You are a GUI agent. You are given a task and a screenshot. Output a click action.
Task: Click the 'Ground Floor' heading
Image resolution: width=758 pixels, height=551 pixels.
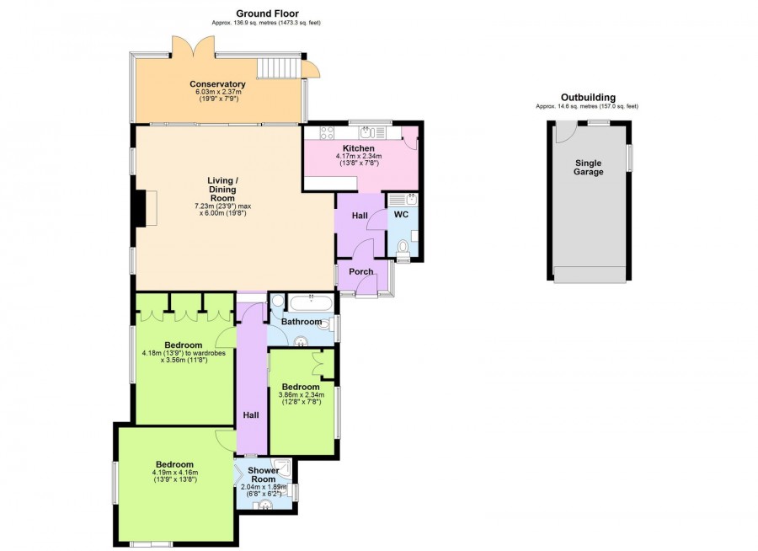click(x=267, y=13)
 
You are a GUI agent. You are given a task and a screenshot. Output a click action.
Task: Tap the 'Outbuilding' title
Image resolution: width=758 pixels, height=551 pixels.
click(x=587, y=97)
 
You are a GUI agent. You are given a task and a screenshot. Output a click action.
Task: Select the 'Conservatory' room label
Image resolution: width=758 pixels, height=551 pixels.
click(x=217, y=84)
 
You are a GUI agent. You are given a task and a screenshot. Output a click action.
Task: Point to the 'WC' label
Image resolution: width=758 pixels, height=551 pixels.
click(x=402, y=215)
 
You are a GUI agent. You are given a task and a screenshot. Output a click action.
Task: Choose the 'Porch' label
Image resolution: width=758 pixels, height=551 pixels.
click(x=361, y=271)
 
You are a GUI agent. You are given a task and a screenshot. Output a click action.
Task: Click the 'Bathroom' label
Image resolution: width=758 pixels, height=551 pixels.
click(x=302, y=322)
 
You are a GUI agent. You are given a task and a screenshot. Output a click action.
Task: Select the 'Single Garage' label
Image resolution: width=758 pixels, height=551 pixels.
click(x=589, y=167)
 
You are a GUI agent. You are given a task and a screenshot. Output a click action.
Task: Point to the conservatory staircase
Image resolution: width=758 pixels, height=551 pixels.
click(x=279, y=67)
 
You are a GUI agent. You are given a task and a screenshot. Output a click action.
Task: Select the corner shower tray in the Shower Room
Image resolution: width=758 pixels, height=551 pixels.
click(x=282, y=471)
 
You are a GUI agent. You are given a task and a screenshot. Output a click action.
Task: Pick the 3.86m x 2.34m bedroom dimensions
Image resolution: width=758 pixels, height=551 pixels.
click(x=302, y=397)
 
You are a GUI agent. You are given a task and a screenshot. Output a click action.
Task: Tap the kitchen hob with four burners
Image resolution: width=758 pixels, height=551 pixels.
click(x=328, y=132)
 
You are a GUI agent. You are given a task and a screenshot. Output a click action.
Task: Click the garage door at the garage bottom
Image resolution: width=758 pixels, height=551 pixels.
click(x=589, y=275)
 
